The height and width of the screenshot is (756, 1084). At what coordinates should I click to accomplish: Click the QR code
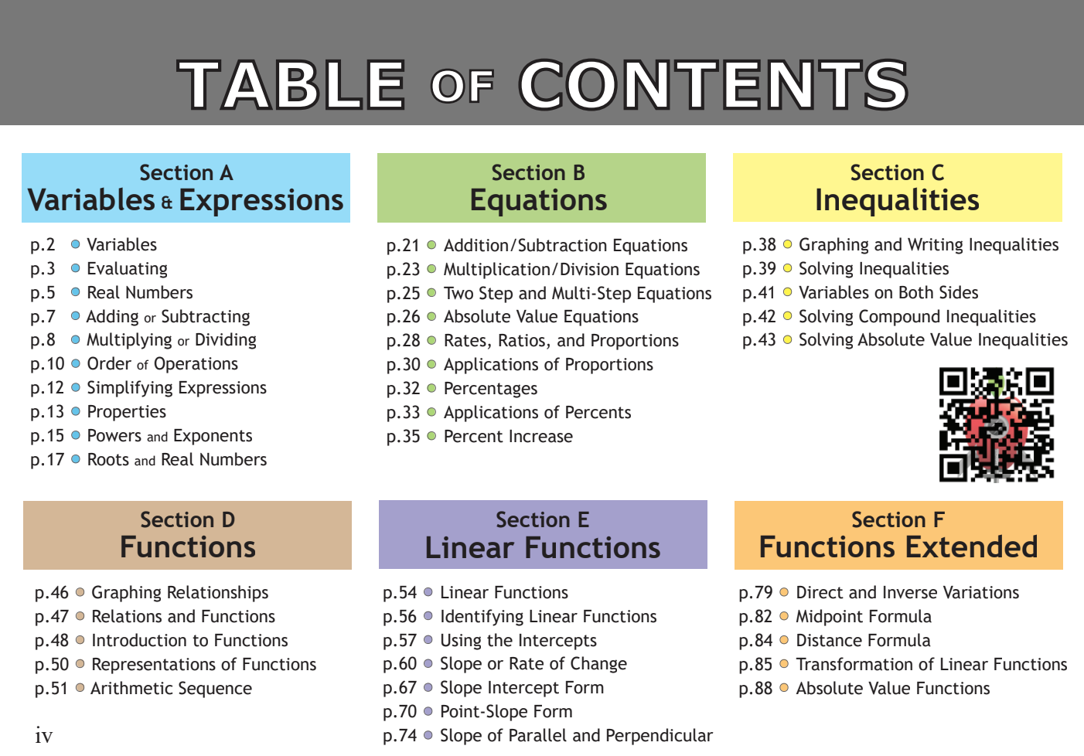tap(997, 424)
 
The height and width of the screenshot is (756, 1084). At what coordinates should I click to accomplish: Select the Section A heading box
tap(186, 188)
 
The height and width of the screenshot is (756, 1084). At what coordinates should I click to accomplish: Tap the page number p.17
tap(47, 460)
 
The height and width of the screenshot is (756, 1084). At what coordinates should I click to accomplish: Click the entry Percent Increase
tap(508, 437)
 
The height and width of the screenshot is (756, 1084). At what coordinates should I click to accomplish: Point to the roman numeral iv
tap(44, 736)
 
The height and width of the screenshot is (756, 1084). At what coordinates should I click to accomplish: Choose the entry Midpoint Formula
tap(864, 617)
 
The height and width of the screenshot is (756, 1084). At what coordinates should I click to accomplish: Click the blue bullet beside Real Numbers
tap(76, 292)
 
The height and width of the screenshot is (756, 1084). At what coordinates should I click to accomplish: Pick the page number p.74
tap(400, 736)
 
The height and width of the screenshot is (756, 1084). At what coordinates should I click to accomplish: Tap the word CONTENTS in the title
tap(713, 85)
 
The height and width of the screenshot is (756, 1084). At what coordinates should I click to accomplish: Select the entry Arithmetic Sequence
tap(171, 689)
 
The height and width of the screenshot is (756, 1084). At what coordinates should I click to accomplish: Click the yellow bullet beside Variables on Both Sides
tap(787, 292)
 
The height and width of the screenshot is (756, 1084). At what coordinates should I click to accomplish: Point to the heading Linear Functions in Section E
tap(543, 548)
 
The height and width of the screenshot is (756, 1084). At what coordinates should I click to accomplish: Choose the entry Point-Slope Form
tap(506, 712)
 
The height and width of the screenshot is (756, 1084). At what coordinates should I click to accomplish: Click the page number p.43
tap(758, 340)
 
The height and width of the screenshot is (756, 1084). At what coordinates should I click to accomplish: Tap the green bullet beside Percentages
tap(431, 388)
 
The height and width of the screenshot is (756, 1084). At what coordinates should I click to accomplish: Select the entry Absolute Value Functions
tap(893, 689)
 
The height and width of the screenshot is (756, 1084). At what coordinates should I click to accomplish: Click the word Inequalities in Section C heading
tap(897, 200)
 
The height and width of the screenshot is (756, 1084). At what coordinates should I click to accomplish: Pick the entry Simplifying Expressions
tap(176, 388)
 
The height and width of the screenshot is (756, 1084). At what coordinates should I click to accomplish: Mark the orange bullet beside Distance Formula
tap(784, 640)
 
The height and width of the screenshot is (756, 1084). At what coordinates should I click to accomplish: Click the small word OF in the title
tap(462, 87)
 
